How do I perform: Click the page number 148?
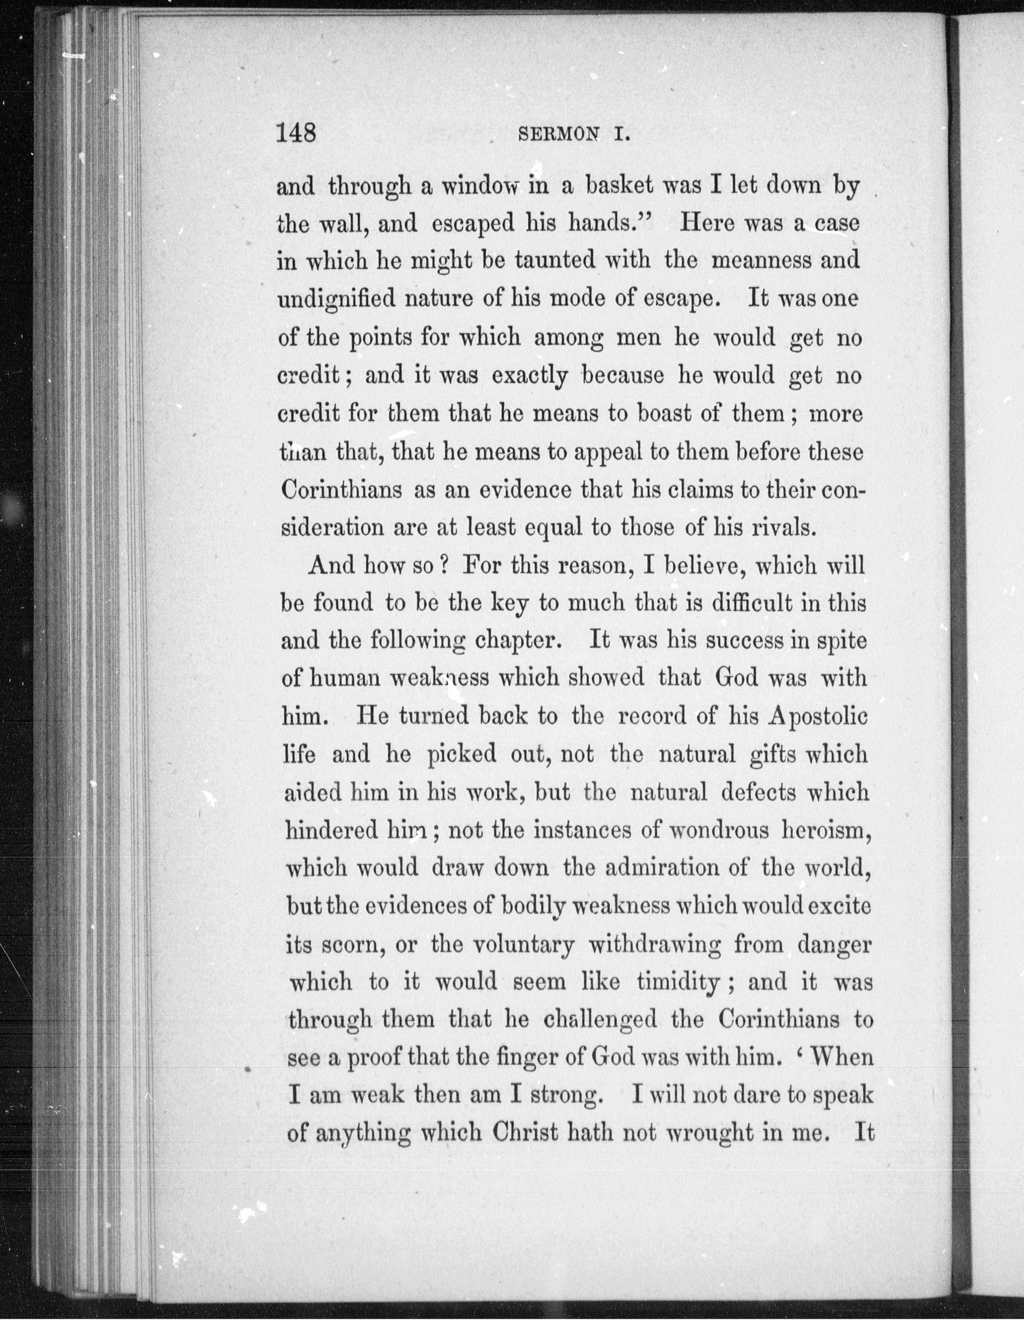click(296, 132)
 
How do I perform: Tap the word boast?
click(663, 414)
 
